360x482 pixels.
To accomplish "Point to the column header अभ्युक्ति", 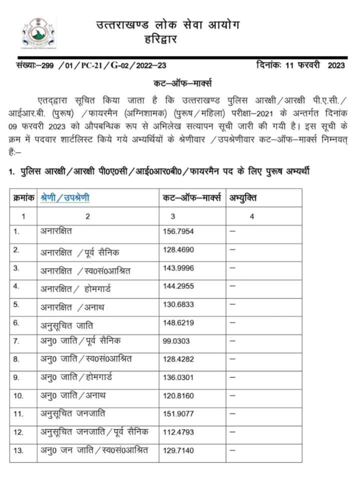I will click(243, 198).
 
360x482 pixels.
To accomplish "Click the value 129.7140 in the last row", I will click(178, 450).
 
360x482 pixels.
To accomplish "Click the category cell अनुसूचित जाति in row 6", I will click(67, 324).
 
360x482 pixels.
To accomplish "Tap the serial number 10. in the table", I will click(19, 396).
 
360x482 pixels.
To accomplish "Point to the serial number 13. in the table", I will click(19, 450).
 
